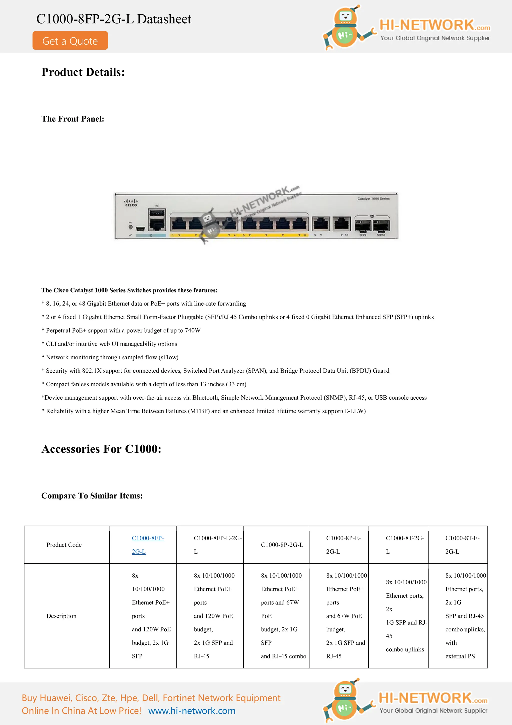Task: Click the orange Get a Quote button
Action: click(70, 41)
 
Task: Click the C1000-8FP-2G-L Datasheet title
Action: click(113, 19)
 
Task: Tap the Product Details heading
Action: click(83, 72)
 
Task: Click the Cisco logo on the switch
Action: click(131, 203)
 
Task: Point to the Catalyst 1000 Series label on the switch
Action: click(373, 199)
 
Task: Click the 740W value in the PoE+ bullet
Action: click(192, 331)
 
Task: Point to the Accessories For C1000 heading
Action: click(101, 449)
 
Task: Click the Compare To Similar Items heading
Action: click(92, 496)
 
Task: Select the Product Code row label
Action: click(64, 545)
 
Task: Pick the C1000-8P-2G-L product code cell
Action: click(282, 545)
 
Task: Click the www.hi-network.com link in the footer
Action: click(192, 711)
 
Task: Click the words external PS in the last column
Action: click(460, 656)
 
